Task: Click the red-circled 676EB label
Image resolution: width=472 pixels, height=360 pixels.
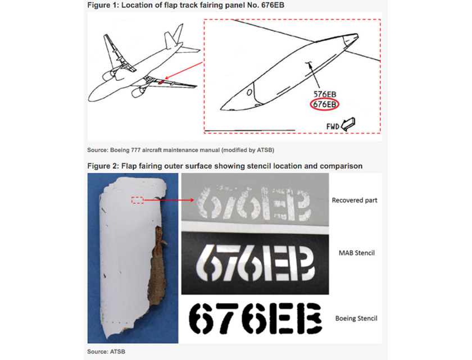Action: pos(325,104)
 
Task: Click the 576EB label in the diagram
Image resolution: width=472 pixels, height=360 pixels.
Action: pos(325,94)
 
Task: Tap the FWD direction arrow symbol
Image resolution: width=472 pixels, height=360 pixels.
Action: pos(348,124)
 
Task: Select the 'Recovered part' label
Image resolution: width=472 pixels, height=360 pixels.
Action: pos(355,200)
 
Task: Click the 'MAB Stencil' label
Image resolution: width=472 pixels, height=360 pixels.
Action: pos(357,253)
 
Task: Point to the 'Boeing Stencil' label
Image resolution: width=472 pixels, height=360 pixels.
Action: pos(356,318)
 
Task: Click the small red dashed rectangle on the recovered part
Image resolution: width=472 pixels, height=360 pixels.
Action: pos(137,200)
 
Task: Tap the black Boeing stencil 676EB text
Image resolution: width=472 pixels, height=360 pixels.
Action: pos(255,318)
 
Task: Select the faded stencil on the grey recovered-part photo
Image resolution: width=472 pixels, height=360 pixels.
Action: pos(253,204)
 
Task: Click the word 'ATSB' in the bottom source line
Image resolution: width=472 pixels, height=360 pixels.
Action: pos(118,352)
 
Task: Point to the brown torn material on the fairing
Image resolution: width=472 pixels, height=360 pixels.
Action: pos(158,265)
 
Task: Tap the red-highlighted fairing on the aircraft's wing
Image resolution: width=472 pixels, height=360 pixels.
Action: pos(161,81)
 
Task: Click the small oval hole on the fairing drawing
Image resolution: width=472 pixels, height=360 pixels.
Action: pos(249,92)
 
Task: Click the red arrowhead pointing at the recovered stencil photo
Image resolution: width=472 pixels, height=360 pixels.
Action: pos(192,200)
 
